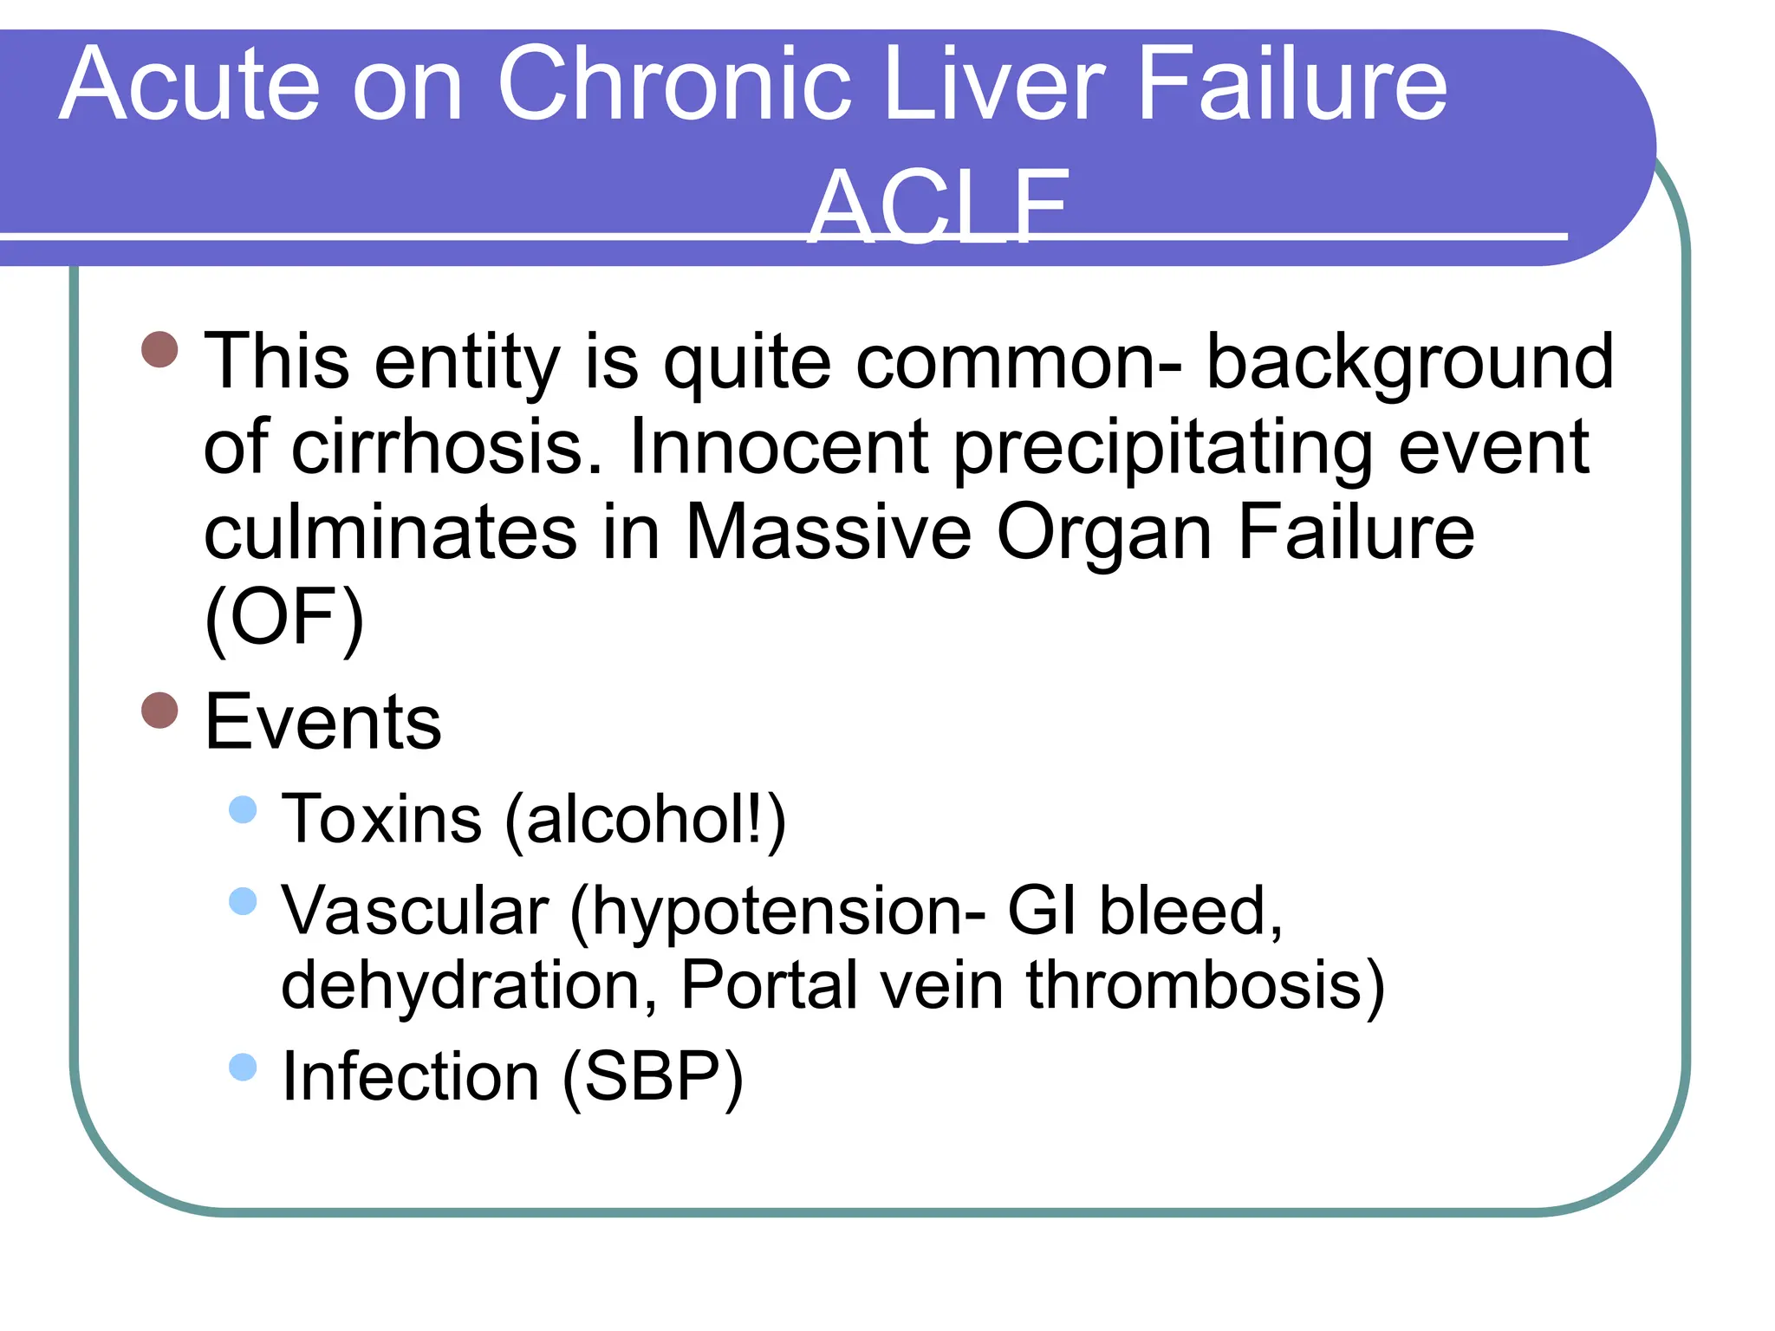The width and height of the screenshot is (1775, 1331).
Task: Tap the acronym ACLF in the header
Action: point(939,205)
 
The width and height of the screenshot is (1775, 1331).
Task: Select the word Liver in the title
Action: point(996,84)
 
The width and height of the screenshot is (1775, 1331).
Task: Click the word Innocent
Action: point(779,448)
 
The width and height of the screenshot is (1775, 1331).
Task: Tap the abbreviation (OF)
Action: point(284,617)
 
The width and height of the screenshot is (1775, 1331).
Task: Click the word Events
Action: point(322,722)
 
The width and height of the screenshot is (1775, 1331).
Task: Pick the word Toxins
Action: point(382,819)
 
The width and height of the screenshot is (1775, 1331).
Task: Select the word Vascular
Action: point(415,911)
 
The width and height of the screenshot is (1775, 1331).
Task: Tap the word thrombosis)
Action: point(1206,985)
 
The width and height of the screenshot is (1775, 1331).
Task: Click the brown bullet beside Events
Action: point(159,711)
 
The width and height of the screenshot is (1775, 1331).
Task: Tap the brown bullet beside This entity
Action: point(159,349)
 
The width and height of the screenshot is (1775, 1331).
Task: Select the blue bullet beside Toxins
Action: point(244,809)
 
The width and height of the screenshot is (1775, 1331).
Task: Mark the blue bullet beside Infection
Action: point(244,1067)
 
